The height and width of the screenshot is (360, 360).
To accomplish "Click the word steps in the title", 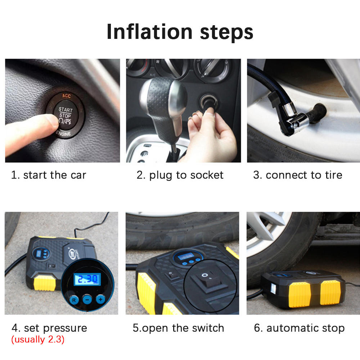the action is tap(226, 33).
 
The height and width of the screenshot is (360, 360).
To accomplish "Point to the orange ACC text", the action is tap(66, 96).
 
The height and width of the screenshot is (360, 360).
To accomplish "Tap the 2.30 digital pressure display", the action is tap(87, 279).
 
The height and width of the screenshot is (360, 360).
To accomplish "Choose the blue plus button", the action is tap(100, 299).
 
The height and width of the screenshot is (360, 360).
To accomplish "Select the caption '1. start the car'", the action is tap(49, 175).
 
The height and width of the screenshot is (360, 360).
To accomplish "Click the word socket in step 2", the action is tap(207, 175).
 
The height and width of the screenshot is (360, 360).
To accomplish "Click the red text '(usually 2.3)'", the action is tap(38, 339).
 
